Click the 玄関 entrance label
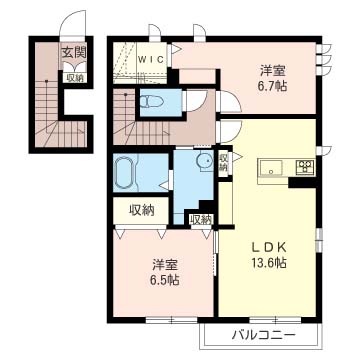click(x=73, y=52)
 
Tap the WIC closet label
click(x=151, y=60)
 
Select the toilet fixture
click(x=152, y=101)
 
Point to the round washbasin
click(x=205, y=162)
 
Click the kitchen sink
click(x=271, y=168)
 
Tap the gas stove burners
click(x=305, y=167)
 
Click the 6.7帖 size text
click(x=273, y=87)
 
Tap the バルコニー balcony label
click(x=264, y=334)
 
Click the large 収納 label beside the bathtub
click(x=142, y=210)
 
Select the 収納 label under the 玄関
click(x=74, y=78)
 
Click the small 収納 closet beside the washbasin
click(x=223, y=162)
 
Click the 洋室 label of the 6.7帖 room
click(x=273, y=71)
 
